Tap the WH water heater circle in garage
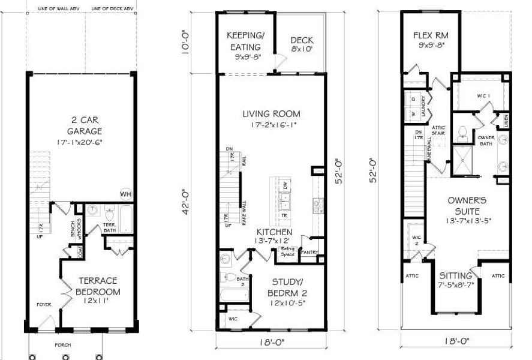[x=126, y=194]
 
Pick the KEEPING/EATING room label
[x=245, y=41]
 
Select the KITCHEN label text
[x=274, y=232]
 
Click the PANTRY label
[x=309, y=253]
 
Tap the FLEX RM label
[x=431, y=35]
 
